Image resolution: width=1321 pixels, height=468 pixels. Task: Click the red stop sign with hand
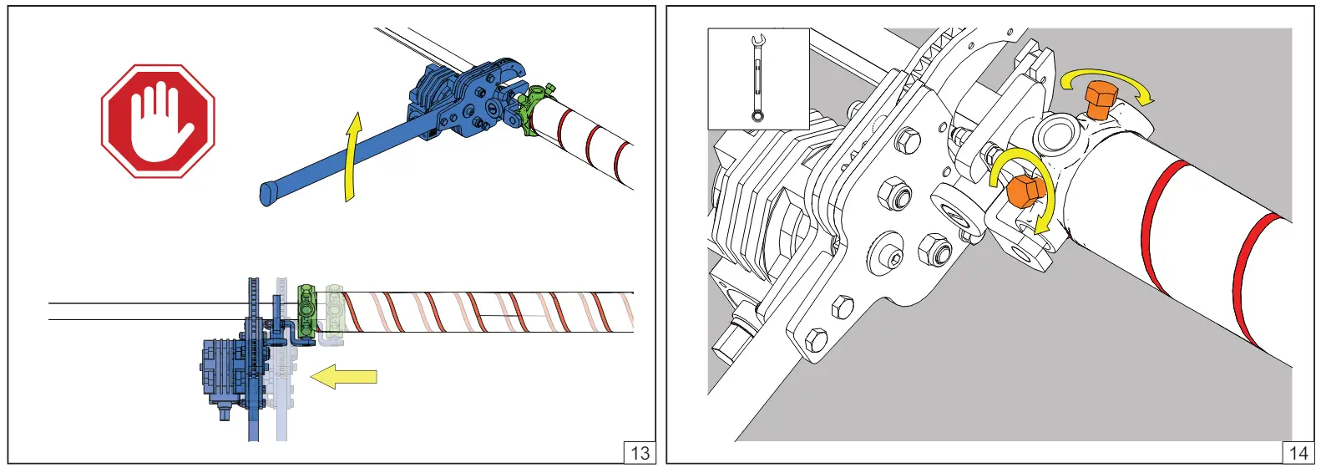click(x=158, y=121)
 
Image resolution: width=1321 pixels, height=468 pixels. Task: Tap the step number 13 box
click(x=640, y=453)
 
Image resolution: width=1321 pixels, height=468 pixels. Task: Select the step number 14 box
click(x=1298, y=453)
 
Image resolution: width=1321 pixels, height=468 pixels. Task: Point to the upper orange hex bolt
click(x=1099, y=101)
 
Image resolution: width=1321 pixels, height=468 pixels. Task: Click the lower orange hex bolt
click(x=1025, y=191)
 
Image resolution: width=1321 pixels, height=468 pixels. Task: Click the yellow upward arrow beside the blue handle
click(x=352, y=156)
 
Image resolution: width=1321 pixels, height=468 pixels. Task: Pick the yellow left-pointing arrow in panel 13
click(x=344, y=377)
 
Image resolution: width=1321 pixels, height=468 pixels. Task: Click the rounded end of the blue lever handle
click(x=269, y=194)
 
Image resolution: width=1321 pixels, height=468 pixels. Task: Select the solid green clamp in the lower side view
click(x=307, y=312)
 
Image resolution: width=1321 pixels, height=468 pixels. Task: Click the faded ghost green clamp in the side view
click(x=334, y=313)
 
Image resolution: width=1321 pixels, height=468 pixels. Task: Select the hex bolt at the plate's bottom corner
click(x=814, y=340)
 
